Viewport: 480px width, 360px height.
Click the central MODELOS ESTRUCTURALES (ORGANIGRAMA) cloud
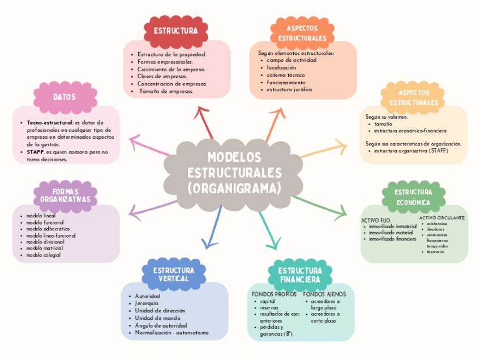pos(234,172)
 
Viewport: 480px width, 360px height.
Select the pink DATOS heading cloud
pos(65,97)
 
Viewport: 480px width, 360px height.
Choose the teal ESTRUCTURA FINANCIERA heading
pos(300,275)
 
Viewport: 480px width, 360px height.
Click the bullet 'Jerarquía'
pos(148,303)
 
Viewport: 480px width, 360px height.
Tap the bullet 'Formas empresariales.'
pos(165,62)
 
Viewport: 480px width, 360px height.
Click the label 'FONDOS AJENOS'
pos(324,294)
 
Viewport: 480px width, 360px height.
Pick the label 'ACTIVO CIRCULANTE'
pos(442,217)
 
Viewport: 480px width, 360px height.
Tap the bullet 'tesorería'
pos(435,252)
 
